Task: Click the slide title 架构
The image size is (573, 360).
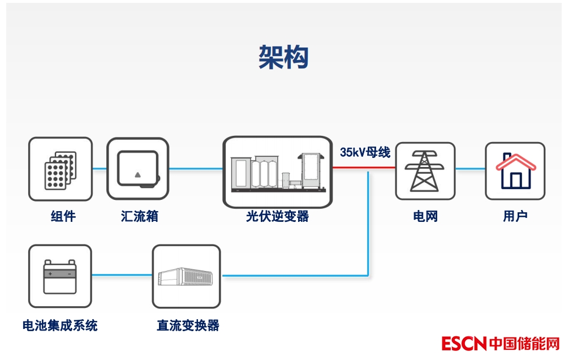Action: [283, 57]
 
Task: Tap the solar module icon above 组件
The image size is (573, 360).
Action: [60, 169]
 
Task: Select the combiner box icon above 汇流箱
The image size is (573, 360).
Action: [137, 169]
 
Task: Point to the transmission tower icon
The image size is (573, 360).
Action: [425, 170]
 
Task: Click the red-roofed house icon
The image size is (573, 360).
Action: [515, 170]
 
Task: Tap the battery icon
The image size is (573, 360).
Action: [59, 276]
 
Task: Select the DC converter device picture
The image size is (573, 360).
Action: [186, 276]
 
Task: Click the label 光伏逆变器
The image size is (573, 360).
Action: [277, 216]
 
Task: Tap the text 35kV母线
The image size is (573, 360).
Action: [365, 152]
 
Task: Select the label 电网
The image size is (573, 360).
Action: [425, 216]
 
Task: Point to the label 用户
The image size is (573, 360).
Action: [515, 216]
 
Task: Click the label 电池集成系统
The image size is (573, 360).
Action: [60, 325]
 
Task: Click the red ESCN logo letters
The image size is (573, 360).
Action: [464, 344]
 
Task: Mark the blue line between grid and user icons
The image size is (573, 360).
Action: [470, 168]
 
